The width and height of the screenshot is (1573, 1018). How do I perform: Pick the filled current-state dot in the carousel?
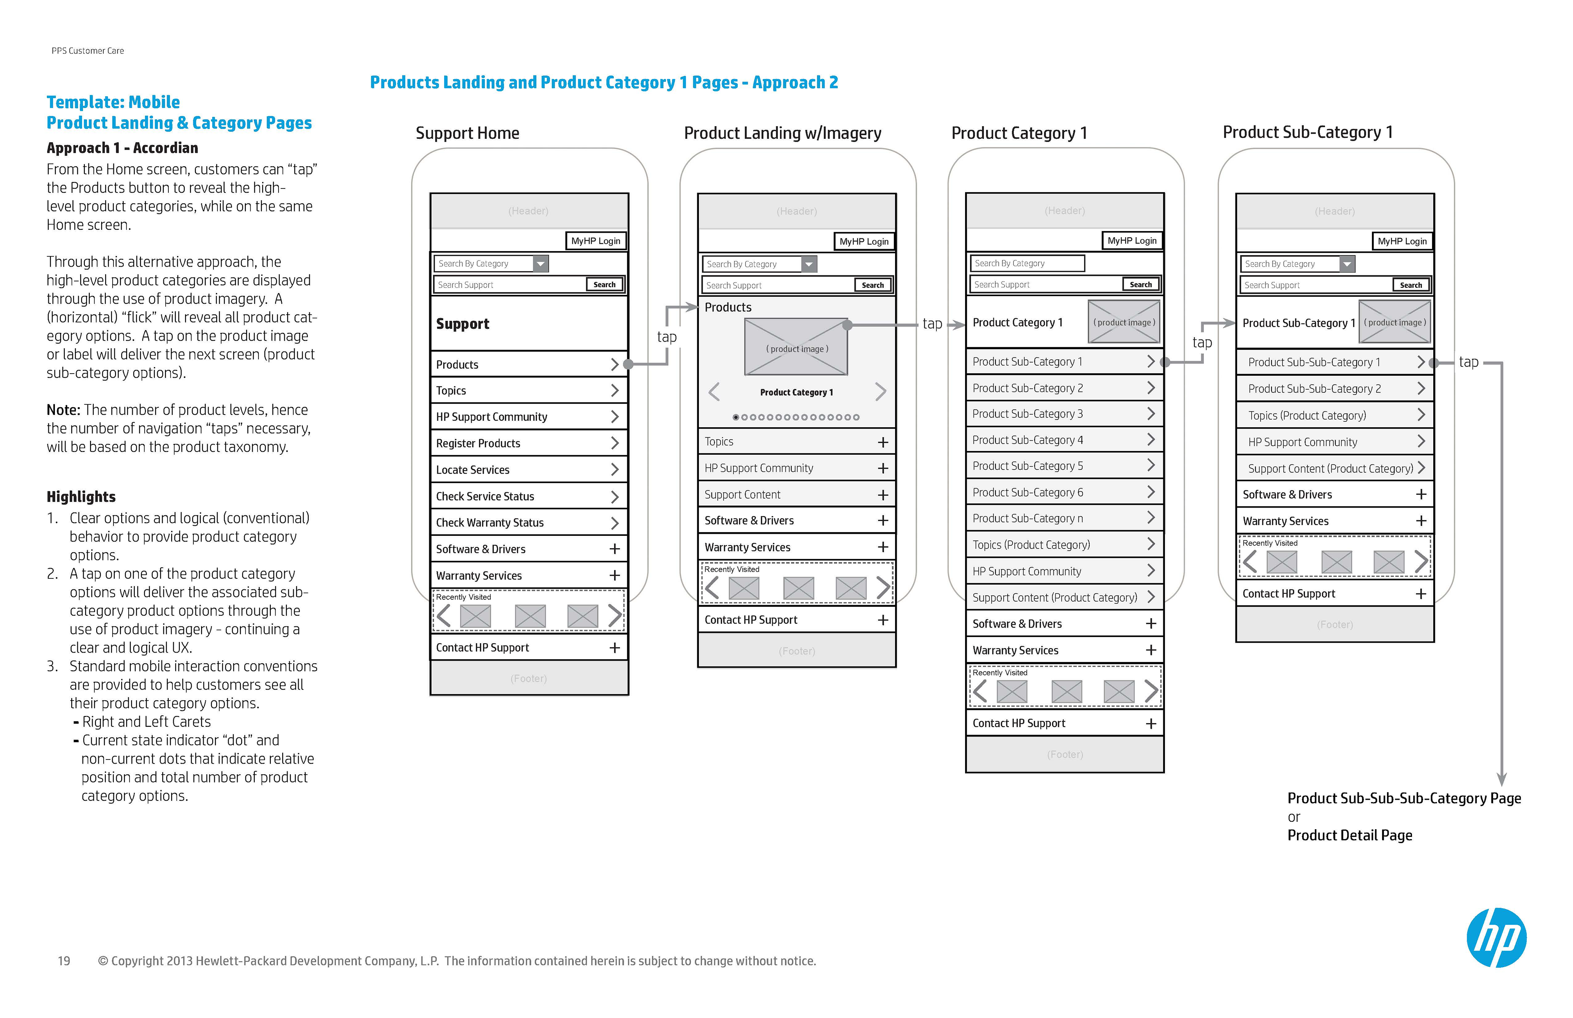(x=736, y=417)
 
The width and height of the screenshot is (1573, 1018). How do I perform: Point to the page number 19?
(x=64, y=961)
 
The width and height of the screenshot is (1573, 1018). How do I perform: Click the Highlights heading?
(x=81, y=497)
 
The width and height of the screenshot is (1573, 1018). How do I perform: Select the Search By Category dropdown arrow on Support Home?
(x=541, y=264)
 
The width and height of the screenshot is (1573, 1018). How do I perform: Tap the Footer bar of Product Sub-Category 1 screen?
(x=1335, y=625)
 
